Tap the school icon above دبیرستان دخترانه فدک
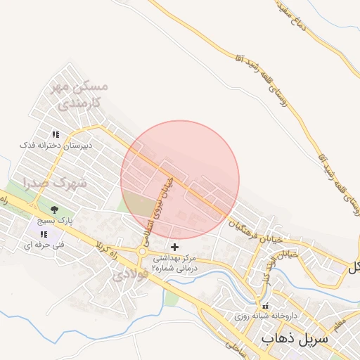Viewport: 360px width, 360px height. point(55,134)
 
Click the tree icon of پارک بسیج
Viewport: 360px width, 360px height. point(54,209)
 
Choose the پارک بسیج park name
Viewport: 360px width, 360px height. point(53,221)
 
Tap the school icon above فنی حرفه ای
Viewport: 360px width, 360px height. point(44,234)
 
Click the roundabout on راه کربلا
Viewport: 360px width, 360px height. point(143,251)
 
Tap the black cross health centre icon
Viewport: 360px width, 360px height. point(175,247)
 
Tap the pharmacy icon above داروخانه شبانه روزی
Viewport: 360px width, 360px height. point(265,307)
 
